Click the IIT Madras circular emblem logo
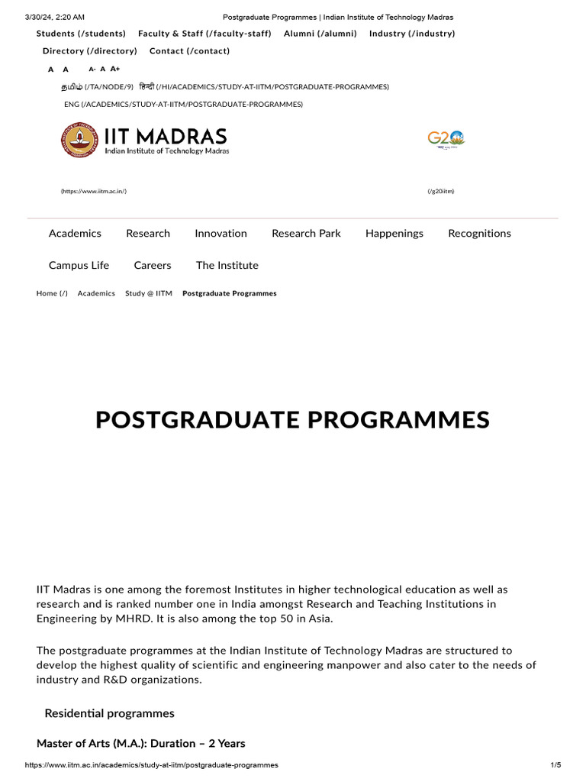click(x=79, y=140)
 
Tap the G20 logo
click(x=446, y=140)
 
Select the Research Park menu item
click(x=306, y=234)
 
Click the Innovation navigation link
click(x=221, y=234)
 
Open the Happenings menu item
click(x=394, y=234)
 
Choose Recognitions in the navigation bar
click(x=479, y=234)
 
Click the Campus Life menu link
click(x=79, y=266)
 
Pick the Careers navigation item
click(x=153, y=266)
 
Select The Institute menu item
click(x=227, y=266)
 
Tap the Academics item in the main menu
click(x=75, y=234)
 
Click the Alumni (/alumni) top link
click(x=320, y=34)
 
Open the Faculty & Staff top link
click(x=204, y=34)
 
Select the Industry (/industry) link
click(x=412, y=34)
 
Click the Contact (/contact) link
click(x=189, y=51)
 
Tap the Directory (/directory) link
click(x=89, y=51)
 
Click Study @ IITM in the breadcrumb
click(x=148, y=293)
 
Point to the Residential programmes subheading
click(x=109, y=713)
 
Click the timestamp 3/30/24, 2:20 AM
click(x=55, y=17)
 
